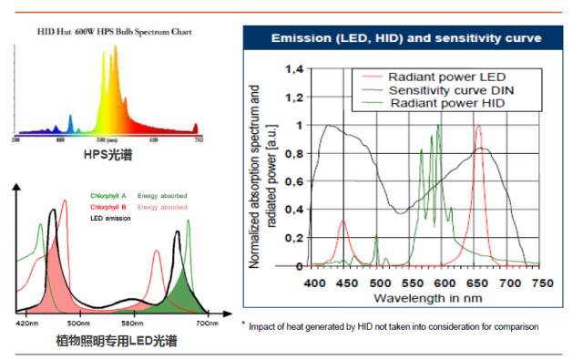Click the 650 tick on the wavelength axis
pyautogui.click(x=478, y=283)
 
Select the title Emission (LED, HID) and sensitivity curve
pyautogui.click(x=406, y=38)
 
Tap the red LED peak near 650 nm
pyautogui.click(x=478, y=129)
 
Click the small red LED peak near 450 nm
pyautogui.click(x=343, y=222)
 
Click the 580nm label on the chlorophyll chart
pyautogui.click(x=134, y=324)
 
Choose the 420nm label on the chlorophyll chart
pyautogui.click(x=28, y=324)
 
